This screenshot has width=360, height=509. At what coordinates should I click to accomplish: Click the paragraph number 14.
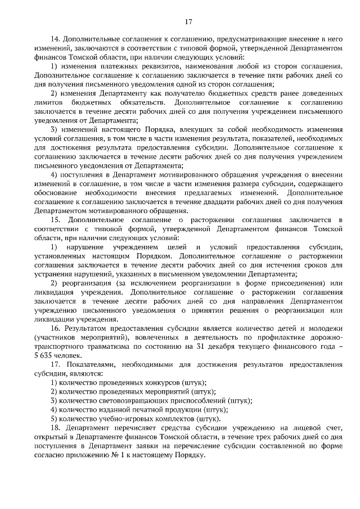[x=55, y=39]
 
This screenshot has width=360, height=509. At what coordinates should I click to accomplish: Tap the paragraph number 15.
[x=55, y=218]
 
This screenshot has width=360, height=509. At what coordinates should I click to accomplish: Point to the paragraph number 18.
[x=55, y=427]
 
